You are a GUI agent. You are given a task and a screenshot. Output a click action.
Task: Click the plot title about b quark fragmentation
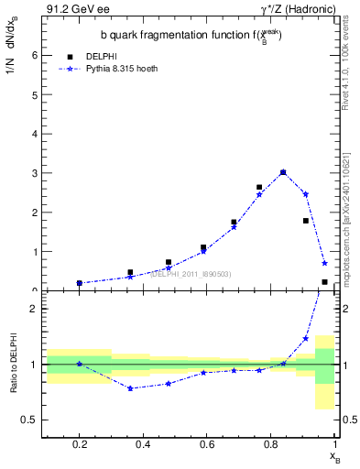191,36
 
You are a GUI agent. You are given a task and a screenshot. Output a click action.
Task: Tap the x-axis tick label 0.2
79,444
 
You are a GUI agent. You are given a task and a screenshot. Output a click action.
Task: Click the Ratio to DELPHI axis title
14,364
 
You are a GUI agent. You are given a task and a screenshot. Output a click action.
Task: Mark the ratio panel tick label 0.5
30,420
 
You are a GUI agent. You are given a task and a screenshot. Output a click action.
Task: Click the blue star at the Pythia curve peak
283,172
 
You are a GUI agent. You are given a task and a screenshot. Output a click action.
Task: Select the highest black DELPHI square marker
283,172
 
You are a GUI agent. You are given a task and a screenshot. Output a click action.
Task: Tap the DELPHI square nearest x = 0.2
80,283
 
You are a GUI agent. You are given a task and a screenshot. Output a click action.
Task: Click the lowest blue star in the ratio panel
131,388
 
